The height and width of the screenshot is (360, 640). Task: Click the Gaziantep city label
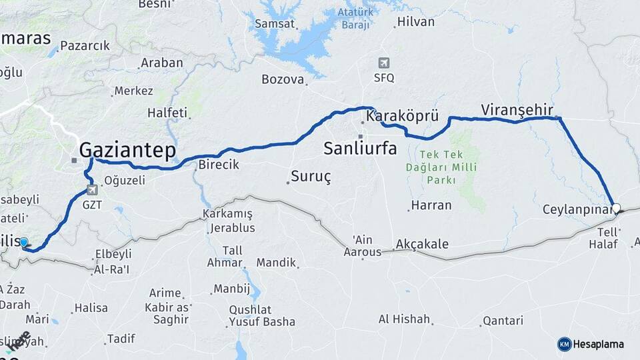pos(127,150)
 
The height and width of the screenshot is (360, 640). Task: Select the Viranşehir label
pos(517,109)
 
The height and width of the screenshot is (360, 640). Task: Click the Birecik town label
pos(217,165)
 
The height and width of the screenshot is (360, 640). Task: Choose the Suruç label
pos(311,178)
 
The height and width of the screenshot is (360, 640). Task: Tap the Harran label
pos(431,205)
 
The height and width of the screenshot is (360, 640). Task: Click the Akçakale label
pos(423,244)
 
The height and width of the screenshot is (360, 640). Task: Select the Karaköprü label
pos(402,117)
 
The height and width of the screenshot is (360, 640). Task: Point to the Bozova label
pos(283,79)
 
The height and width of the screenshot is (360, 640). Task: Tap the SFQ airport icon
pos(384,63)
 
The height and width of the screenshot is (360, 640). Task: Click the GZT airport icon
pos(92,189)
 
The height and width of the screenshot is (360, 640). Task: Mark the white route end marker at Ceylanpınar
pos(616,208)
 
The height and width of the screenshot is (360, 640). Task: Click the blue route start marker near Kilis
pos(24,242)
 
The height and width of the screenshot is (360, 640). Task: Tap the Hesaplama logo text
pos(598,344)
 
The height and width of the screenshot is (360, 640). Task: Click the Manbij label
pos(231,289)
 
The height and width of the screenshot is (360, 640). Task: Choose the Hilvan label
pos(415,22)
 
